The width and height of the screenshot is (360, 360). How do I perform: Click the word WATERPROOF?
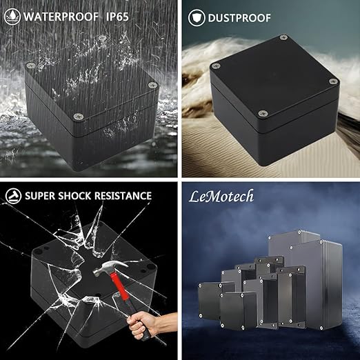coord(61,17)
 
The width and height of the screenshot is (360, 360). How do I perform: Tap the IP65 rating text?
coord(117,17)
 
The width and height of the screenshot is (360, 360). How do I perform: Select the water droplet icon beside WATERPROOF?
coord(12,17)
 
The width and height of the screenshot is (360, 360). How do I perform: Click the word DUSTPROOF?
coord(239,18)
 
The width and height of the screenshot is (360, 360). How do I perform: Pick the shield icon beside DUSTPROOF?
coord(197,18)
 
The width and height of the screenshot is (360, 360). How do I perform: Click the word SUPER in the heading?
coord(40,196)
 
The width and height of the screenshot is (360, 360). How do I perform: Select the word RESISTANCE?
coord(123,196)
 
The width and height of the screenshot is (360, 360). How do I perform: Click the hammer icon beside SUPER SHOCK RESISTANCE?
coord(13,196)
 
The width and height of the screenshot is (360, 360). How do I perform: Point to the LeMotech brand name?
coord(221,197)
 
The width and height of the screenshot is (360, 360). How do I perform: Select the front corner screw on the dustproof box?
coord(262,113)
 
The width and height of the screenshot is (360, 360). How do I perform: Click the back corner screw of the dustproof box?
coord(283,37)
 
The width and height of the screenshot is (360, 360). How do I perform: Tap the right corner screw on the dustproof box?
coord(333,81)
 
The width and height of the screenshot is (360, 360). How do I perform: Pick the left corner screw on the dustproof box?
coord(216,66)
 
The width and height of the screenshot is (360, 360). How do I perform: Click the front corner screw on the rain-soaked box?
coord(79,117)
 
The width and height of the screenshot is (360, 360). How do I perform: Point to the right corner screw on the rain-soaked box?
coord(152,85)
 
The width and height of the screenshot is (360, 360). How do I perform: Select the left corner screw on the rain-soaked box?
coord(30,66)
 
